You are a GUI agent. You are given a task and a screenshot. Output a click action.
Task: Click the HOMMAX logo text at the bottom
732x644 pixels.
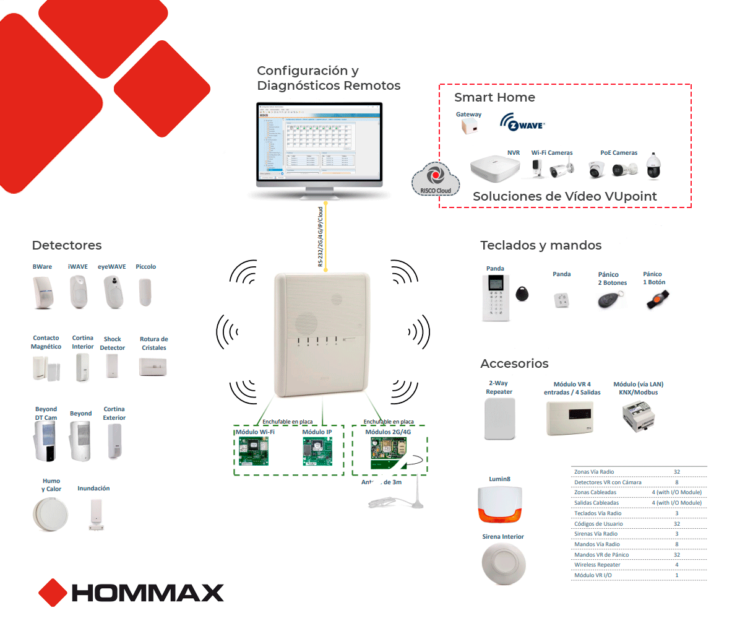pyautogui.click(x=147, y=593)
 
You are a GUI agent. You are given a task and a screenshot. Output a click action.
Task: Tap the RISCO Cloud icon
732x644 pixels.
pyautogui.click(x=436, y=179)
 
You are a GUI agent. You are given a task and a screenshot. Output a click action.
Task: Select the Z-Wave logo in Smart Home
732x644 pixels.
pyautogui.click(x=523, y=123)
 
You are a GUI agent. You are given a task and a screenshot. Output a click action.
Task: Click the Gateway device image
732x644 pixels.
pyautogui.click(x=469, y=126)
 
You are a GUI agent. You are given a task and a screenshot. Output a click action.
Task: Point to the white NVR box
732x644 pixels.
pyautogui.click(x=495, y=168)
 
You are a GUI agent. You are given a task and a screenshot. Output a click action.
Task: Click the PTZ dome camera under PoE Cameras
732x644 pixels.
pyautogui.click(x=653, y=167)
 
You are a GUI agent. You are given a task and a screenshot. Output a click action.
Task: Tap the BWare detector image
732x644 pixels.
pyautogui.click(x=43, y=292)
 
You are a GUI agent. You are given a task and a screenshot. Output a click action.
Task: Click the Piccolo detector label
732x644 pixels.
pyautogui.click(x=145, y=267)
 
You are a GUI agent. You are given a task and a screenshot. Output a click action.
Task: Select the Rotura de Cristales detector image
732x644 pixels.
pyautogui.click(x=153, y=367)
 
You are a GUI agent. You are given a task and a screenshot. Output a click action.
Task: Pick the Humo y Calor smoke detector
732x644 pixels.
pyautogui.click(x=50, y=513)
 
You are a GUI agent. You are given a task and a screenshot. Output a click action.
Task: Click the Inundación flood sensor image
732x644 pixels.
pyautogui.click(x=96, y=515)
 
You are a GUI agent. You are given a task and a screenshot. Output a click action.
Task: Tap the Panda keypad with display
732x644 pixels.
pyautogui.click(x=495, y=297)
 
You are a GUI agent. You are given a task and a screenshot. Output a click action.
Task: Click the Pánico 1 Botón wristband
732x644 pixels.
pyautogui.click(x=655, y=300)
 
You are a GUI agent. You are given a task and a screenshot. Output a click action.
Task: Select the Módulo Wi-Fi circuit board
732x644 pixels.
pyautogui.click(x=254, y=451)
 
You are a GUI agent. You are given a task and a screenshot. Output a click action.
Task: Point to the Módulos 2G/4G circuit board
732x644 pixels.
pyautogui.click(x=387, y=452)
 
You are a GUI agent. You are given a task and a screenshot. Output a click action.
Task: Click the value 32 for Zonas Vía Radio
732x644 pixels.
pyautogui.click(x=676, y=472)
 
